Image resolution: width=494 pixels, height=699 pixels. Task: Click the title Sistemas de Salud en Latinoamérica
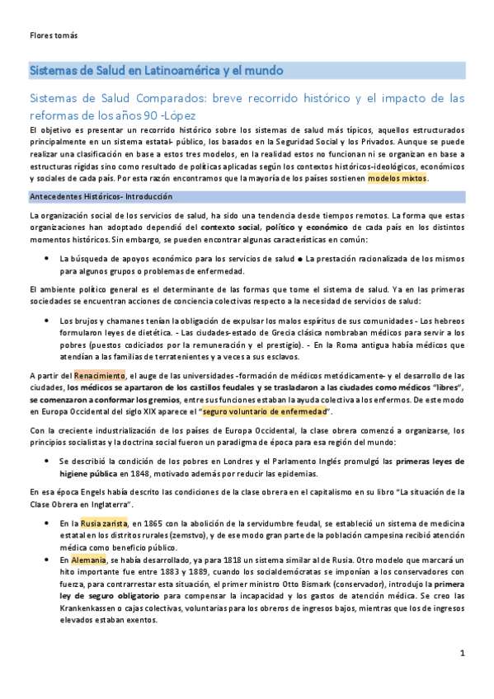pyautogui.click(x=157, y=70)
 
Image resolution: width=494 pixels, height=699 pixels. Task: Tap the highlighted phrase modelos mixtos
pyautogui.click(x=398, y=177)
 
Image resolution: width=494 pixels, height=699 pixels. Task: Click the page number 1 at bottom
pyautogui.click(x=463, y=653)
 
